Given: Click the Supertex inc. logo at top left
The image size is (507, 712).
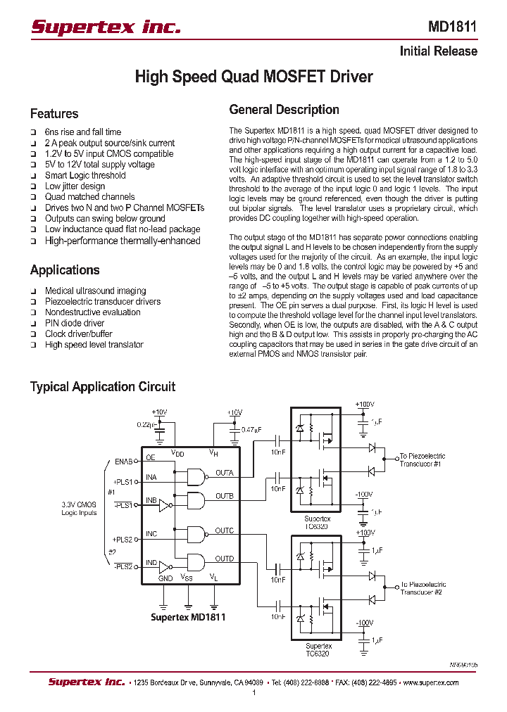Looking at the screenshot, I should coord(106,27).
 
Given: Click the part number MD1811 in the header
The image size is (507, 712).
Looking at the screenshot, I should coord(452,27).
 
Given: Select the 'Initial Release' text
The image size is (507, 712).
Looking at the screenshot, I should coord(438,51).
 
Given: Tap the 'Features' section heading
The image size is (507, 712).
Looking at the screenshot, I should coord(54,114).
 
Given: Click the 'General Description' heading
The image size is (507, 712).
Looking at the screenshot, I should coord(284,110).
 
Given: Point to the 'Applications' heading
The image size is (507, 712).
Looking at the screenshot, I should coord(65,270).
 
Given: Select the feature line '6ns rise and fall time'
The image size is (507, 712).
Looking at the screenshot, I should coord(82,132).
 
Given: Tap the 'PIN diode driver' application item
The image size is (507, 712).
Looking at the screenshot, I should coord(75,323).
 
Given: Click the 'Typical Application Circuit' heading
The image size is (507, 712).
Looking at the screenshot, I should coord(102,387).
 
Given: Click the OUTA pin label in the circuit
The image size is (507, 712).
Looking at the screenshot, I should coord(225,473).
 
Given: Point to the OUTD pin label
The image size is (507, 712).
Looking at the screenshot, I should coord(225,559).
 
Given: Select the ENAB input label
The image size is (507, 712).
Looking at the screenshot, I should coord(123,462).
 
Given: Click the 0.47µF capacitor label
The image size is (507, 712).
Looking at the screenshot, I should coord(251,429).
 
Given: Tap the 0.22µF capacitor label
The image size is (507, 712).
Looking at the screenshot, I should coord(146,425).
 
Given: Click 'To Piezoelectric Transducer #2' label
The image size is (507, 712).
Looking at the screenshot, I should coord(423,588).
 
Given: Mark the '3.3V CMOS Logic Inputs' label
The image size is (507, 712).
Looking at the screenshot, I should coord(78,508).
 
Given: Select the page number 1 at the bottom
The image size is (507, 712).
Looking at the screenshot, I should coord(254,693).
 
